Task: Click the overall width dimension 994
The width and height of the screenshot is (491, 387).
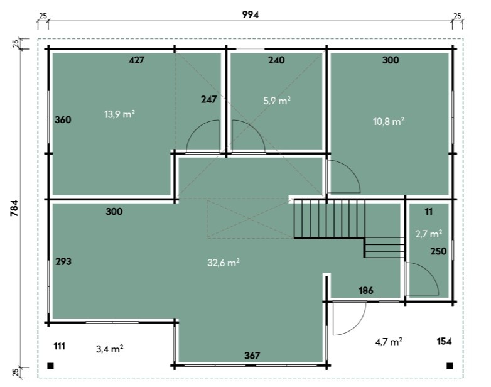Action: click(x=251, y=14)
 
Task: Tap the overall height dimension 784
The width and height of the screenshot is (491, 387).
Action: click(x=14, y=208)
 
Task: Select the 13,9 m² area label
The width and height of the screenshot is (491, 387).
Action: click(x=120, y=114)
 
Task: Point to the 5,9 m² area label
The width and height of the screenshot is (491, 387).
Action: click(x=277, y=101)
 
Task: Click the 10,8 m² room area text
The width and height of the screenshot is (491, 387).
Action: click(x=389, y=121)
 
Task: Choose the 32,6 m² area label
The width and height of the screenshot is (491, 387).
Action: click(x=224, y=262)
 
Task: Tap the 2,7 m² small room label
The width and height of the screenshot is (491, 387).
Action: click(x=429, y=234)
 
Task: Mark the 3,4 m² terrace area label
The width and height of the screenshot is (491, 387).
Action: click(x=109, y=349)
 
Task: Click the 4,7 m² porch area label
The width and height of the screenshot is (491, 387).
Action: click(x=389, y=341)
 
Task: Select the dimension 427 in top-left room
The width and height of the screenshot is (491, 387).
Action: click(x=136, y=60)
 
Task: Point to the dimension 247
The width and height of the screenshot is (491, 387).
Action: click(x=209, y=99)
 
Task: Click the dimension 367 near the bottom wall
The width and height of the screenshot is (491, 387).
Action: click(x=252, y=356)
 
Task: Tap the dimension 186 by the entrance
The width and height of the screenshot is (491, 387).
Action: click(x=366, y=290)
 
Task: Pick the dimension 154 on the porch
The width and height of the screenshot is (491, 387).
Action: click(x=444, y=341)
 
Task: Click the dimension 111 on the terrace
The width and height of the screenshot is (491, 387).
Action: click(x=59, y=346)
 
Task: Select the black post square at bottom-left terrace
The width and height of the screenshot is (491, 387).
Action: click(x=50, y=366)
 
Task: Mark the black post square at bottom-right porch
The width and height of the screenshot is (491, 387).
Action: click(x=450, y=366)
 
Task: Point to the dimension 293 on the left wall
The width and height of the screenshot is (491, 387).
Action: click(x=63, y=261)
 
